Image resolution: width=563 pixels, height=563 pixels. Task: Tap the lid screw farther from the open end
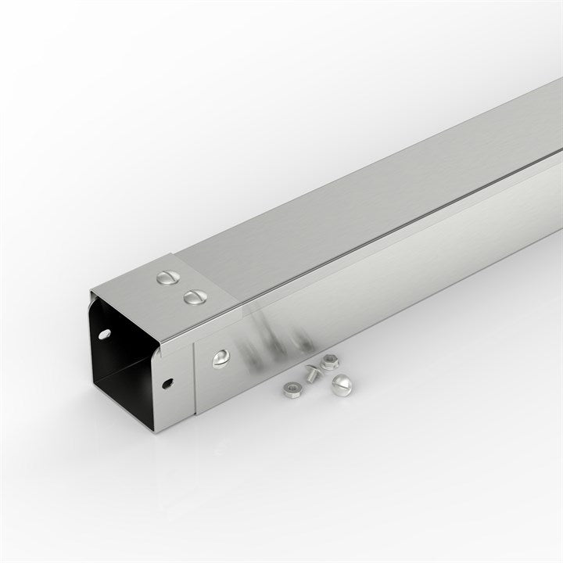tap(167, 278)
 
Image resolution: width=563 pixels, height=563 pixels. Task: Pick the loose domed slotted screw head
tap(342, 382)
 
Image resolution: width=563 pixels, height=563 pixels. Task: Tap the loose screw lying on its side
tap(311, 374)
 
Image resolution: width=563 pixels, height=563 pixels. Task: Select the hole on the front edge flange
tap(167, 384)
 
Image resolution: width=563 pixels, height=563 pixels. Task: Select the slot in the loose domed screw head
tap(342, 382)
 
